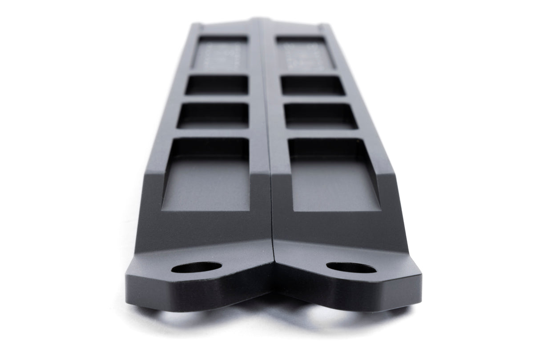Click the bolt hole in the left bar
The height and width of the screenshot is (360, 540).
click(196, 267)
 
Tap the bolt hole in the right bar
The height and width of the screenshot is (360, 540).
click(351, 268)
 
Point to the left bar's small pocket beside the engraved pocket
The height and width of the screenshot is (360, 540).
click(217, 85)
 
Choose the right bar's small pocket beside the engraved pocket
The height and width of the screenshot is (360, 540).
click(312, 85)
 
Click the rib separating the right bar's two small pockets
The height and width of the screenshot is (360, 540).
click(316, 99)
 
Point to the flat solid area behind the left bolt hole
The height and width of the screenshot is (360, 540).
click(205, 229)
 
